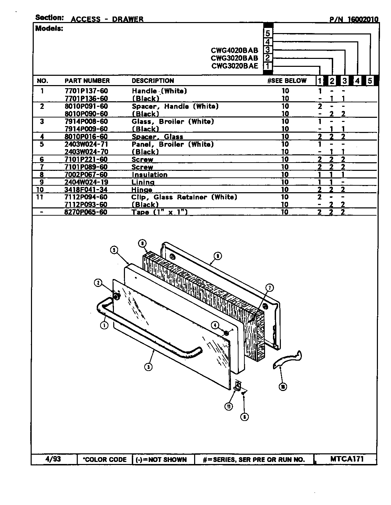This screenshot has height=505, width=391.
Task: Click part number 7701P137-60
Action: (86, 91)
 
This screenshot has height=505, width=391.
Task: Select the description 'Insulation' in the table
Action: (149, 175)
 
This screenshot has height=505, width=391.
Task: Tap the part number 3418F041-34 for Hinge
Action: (86, 190)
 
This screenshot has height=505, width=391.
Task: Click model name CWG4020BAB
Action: (234, 50)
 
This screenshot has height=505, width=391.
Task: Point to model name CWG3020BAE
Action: (234, 66)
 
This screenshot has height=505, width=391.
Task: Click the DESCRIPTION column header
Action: (153, 81)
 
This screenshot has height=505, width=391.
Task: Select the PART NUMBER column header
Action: (87, 81)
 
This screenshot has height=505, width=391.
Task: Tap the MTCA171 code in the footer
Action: (347, 459)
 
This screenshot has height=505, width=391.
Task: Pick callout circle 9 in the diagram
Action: (217, 256)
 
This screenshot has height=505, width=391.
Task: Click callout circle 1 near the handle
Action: (104, 325)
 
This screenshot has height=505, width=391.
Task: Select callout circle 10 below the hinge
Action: (283, 387)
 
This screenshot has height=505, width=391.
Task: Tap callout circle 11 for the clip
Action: (229, 406)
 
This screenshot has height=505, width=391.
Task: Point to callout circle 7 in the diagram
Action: (270, 288)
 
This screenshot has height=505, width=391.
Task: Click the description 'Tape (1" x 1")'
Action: (159, 212)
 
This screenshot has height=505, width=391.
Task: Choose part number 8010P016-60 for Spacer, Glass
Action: (86, 137)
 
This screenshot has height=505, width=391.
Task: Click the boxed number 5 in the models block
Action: (268, 33)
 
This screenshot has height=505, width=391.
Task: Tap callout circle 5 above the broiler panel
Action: (114, 250)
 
